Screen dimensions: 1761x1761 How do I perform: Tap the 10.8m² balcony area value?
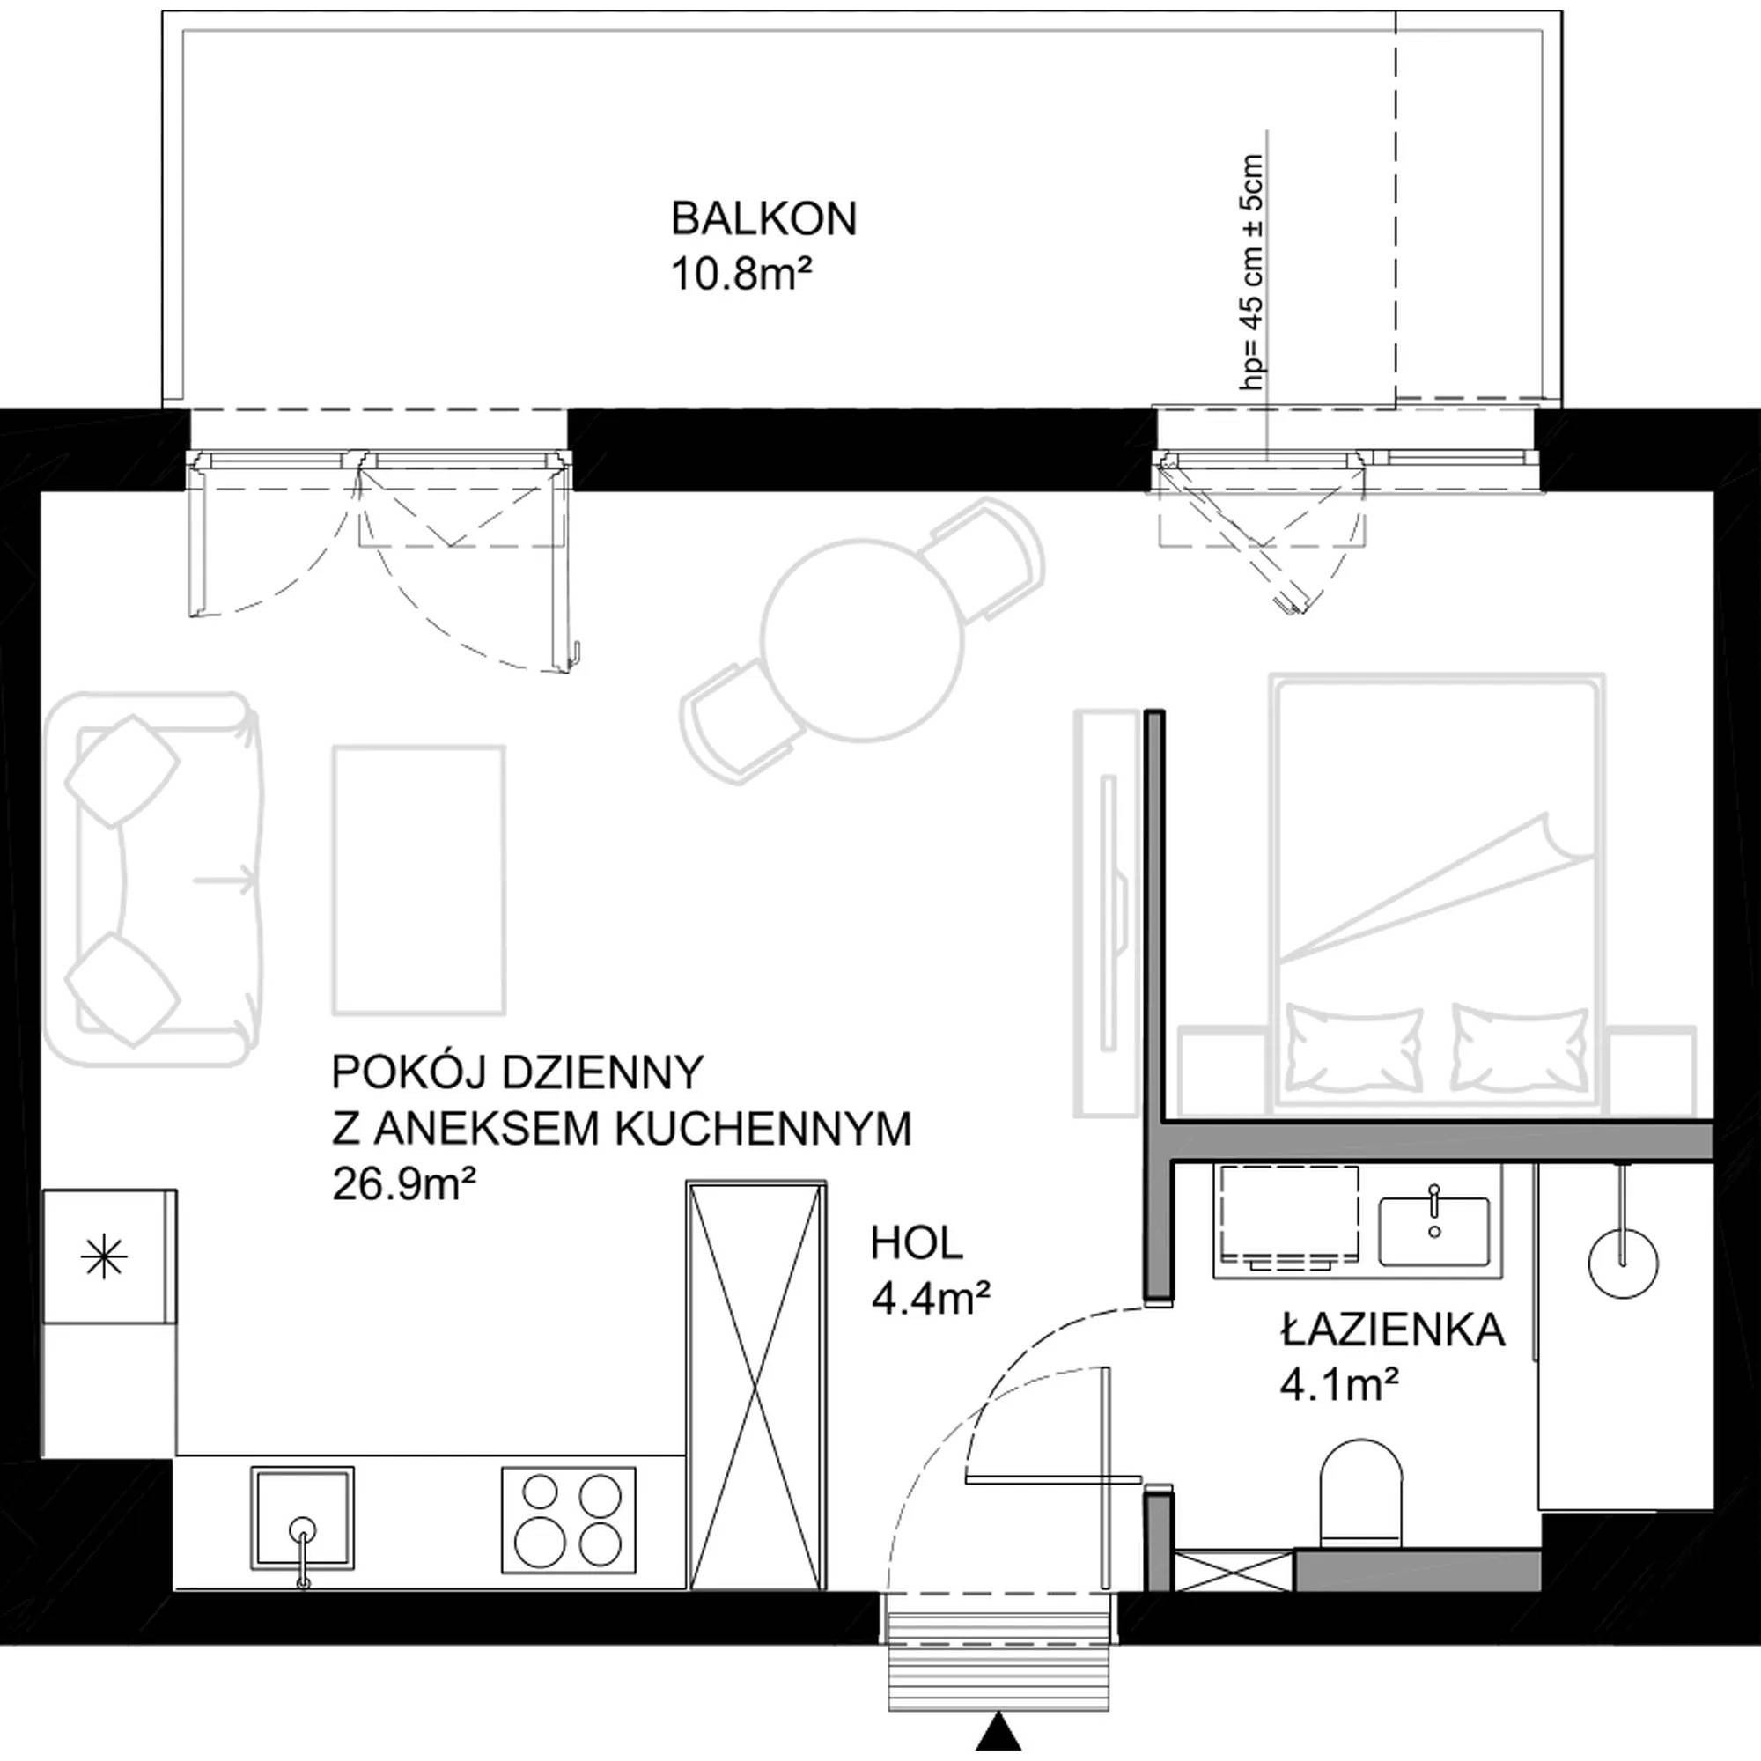click(741, 274)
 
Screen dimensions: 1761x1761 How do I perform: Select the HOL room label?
click(917, 1243)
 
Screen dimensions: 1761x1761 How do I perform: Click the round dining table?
click(862, 639)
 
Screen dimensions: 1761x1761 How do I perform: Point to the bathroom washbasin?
click(1433, 1232)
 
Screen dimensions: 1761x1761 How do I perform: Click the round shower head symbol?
click(1624, 1264)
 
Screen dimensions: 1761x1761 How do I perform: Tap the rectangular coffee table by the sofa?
click(419, 880)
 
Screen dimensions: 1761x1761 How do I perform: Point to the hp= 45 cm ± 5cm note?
click(1254, 273)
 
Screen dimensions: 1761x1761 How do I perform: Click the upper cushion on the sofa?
click(122, 771)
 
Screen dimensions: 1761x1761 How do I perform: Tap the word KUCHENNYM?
click(763, 1131)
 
